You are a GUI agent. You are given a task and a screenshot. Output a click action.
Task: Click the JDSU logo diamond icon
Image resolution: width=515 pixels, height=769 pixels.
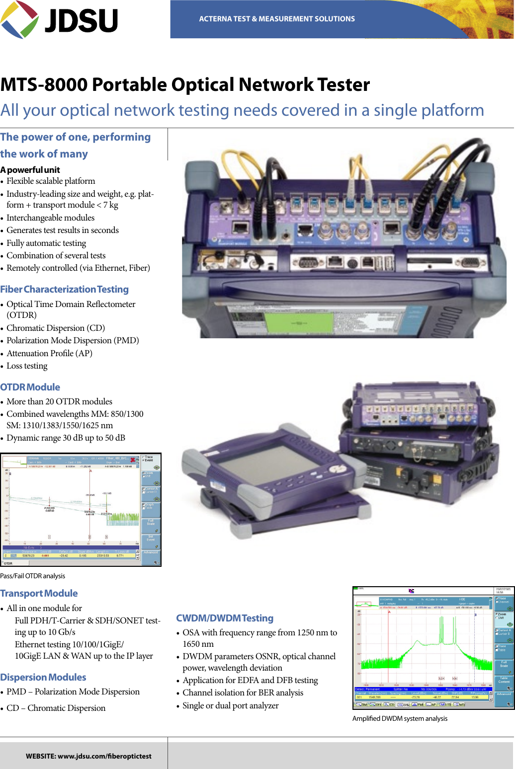(20, 19)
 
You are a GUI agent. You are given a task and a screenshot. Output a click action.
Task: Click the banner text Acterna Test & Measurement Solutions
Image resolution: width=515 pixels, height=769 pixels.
(277, 19)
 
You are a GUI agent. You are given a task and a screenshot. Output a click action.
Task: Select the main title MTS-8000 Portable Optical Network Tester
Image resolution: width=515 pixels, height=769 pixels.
(185, 85)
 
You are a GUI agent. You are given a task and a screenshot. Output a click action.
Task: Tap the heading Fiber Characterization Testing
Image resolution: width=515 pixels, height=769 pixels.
(64, 289)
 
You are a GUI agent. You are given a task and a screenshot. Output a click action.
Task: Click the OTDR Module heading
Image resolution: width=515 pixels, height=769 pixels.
(30, 387)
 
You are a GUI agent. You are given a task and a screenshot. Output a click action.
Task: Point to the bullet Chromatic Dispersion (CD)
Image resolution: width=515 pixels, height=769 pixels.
(55, 328)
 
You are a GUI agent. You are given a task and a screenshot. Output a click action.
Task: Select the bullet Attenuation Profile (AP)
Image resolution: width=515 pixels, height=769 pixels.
(49, 353)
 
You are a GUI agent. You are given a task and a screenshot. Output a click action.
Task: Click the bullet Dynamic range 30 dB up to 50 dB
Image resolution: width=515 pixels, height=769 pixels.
(66, 438)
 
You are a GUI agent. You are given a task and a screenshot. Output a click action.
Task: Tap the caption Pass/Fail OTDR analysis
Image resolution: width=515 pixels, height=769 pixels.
(33, 576)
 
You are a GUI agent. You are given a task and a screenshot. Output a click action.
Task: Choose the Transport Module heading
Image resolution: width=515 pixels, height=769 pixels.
(39, 593)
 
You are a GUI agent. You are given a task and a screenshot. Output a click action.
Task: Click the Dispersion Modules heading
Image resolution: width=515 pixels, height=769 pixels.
(43, 677)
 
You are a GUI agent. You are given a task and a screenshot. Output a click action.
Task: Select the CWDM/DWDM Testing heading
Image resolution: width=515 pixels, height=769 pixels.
(225, 618)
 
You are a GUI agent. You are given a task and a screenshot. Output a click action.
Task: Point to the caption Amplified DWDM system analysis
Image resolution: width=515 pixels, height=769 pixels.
(400, 718)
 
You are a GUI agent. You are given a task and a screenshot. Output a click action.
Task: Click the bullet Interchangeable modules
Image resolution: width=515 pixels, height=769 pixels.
(50, 218)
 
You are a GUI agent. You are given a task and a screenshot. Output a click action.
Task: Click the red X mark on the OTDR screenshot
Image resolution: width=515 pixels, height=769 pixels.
(133, 460)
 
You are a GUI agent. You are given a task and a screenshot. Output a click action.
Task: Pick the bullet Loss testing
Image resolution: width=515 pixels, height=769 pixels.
(27, 366)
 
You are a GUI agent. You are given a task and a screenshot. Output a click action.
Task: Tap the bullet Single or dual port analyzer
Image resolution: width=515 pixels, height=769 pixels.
(230, 705)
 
